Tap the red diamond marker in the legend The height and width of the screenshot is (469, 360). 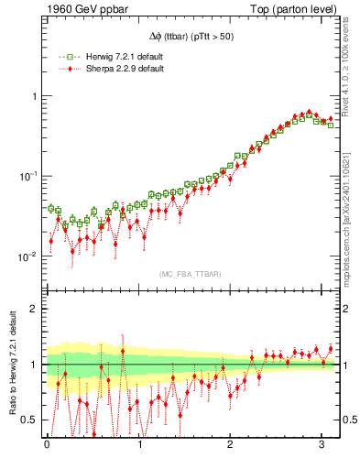pyautogui.click(x=62, y=70)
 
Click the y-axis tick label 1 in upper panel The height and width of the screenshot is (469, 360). pyautogui.click(x=34, y=96)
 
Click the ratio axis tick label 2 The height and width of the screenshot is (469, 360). pyautogui.click(x=34, y=309)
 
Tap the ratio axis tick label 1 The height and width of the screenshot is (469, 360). pyautogui.click(x=34, y=365)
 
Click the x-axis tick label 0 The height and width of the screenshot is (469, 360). pyautogui.click(x=47, y=446)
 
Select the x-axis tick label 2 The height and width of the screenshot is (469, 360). pyautogui.click(x=231, y=446)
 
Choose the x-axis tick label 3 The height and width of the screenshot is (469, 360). pyautogui.click(x=322, y=446)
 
